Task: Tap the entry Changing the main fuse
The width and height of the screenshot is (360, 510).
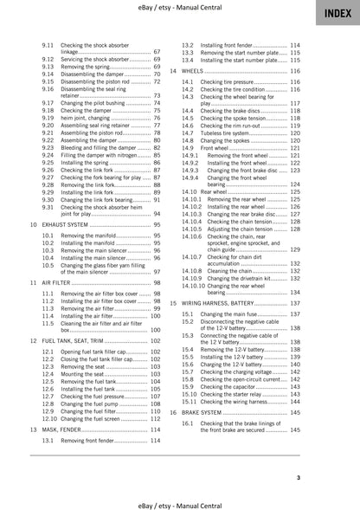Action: coord(230,313)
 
